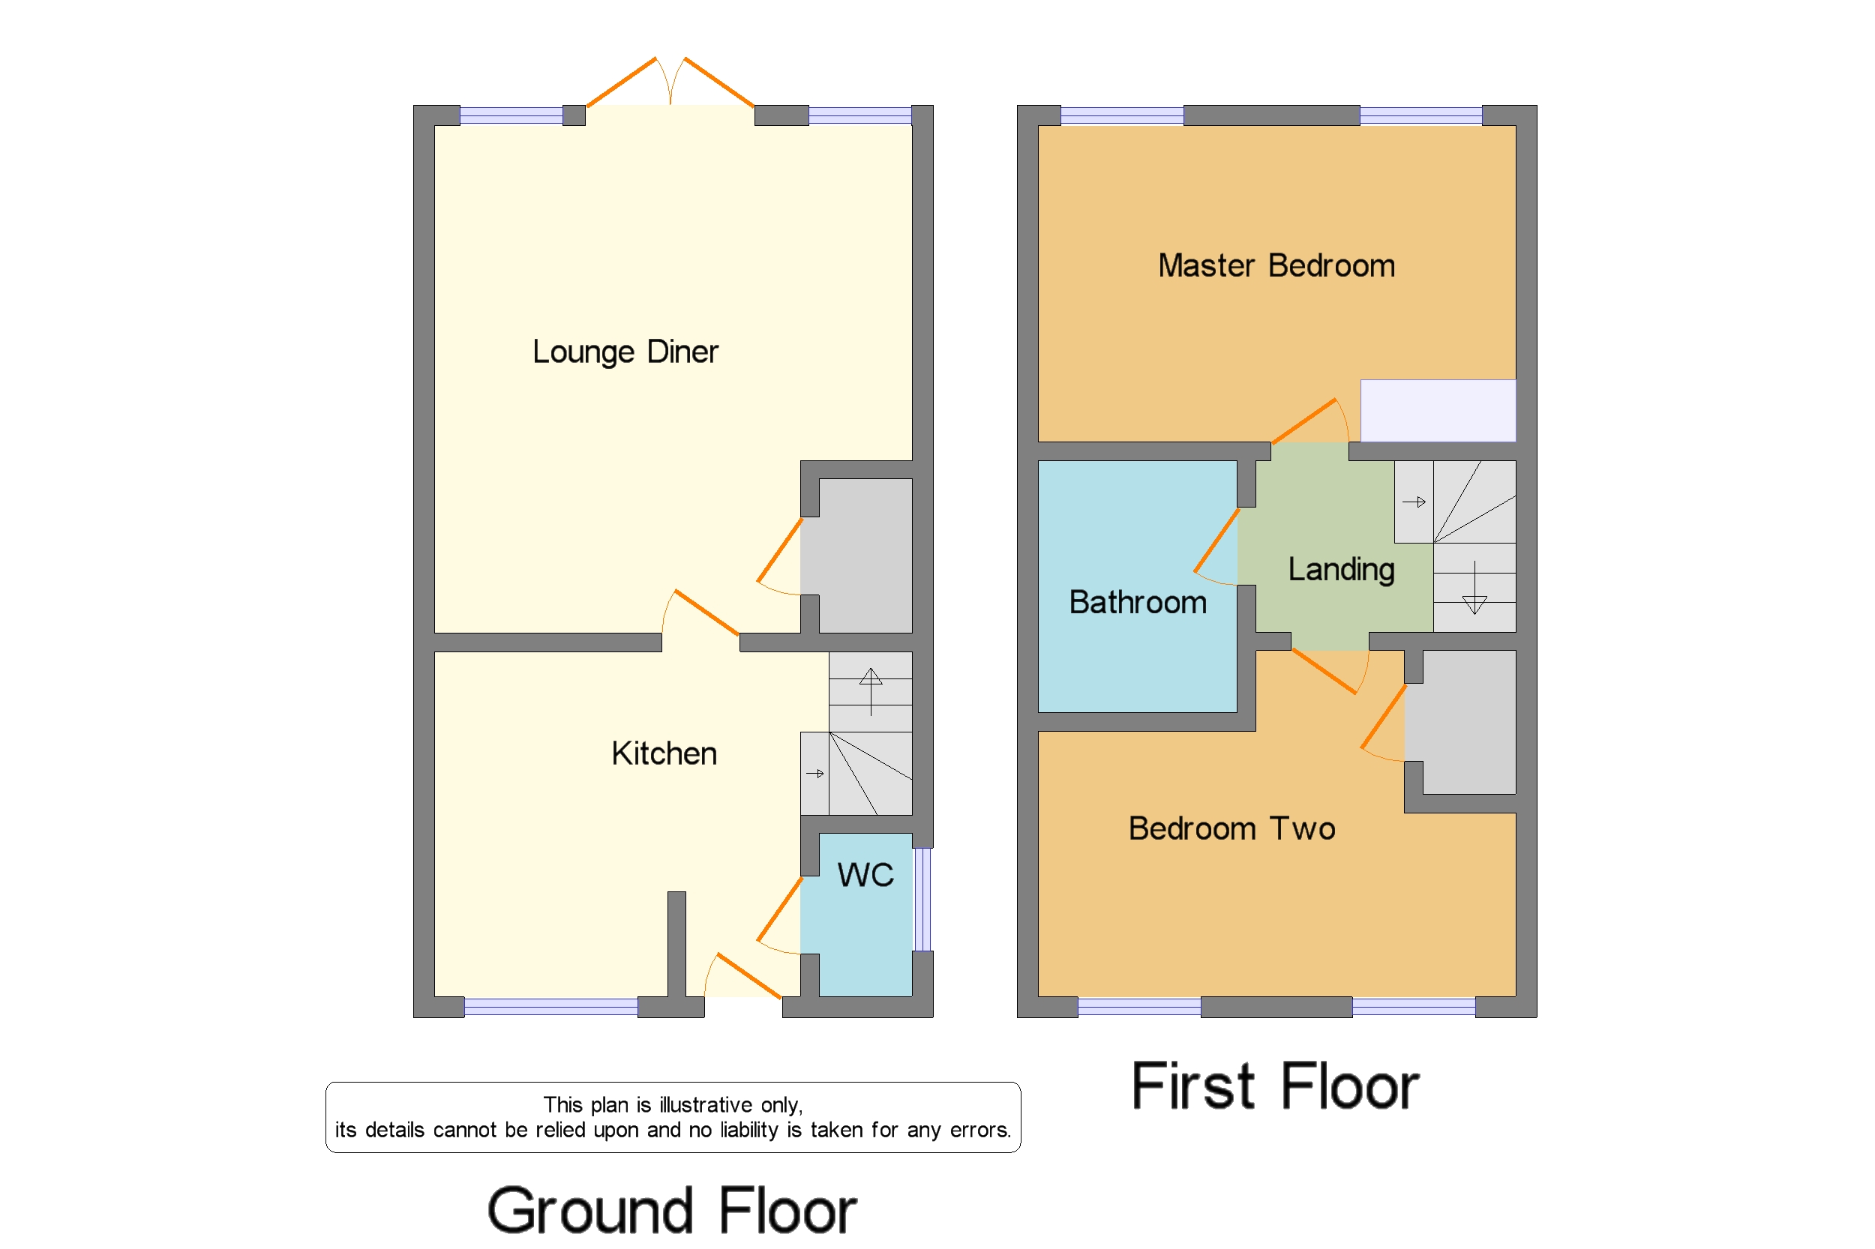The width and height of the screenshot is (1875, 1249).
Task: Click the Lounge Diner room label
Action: (625, 352)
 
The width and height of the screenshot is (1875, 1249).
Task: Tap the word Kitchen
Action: (664, 753)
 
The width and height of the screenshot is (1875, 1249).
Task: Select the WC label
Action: (865, 875)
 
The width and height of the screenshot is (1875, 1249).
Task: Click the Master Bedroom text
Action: (1276, 265)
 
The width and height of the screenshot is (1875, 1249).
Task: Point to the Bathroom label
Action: (1137, 602)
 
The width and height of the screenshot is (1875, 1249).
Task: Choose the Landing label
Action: (1341, 570)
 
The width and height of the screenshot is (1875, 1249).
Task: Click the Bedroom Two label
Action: (1231, 828)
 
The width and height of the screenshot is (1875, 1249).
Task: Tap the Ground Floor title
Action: (672, 1211)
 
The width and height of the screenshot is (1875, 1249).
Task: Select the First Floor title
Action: (1274, 1086)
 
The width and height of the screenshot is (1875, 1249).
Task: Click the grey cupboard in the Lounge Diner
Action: (865, 556)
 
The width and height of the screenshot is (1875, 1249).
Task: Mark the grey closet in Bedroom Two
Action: (1468, 722)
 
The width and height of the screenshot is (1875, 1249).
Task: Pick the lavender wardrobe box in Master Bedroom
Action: (1437, 410)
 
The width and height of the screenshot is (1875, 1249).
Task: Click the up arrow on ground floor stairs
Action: (870, 690)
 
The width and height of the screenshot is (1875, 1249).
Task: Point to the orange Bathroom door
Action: (1216, 541)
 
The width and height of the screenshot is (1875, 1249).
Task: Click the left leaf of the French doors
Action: (621, 82)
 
